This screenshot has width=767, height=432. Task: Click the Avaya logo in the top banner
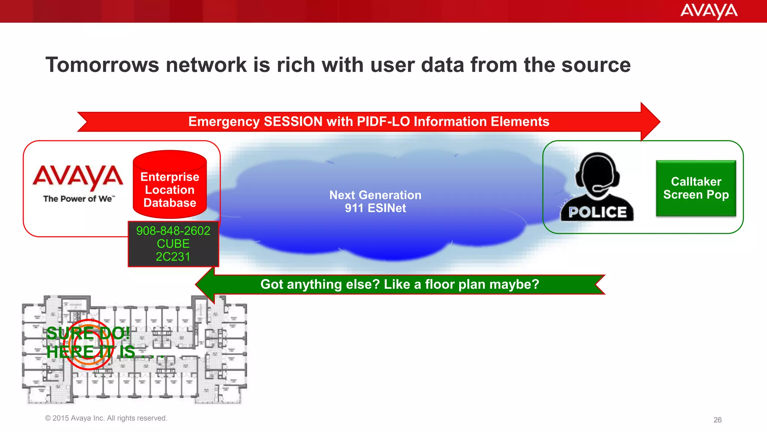tap(709, 11)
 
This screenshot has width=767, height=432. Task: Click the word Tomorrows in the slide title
tap(102, 64)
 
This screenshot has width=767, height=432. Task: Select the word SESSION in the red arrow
tap(293, 121)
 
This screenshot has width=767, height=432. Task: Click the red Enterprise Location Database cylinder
tap(170, 185)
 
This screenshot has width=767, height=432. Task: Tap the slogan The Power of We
tap(79, 199)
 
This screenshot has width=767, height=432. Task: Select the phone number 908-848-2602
tap(173, 231)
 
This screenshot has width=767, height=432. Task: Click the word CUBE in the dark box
tap(173, 244)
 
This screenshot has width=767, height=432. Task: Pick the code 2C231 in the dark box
tap(173, 257)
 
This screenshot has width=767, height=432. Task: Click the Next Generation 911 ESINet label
tap(375, 201)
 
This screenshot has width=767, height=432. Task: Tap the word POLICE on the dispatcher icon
tap(597, 212)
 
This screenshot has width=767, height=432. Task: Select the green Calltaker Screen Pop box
tap(696, 188)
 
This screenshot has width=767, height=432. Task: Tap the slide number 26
tap(717, 420)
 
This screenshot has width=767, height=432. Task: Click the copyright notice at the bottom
tap(106, 418)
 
